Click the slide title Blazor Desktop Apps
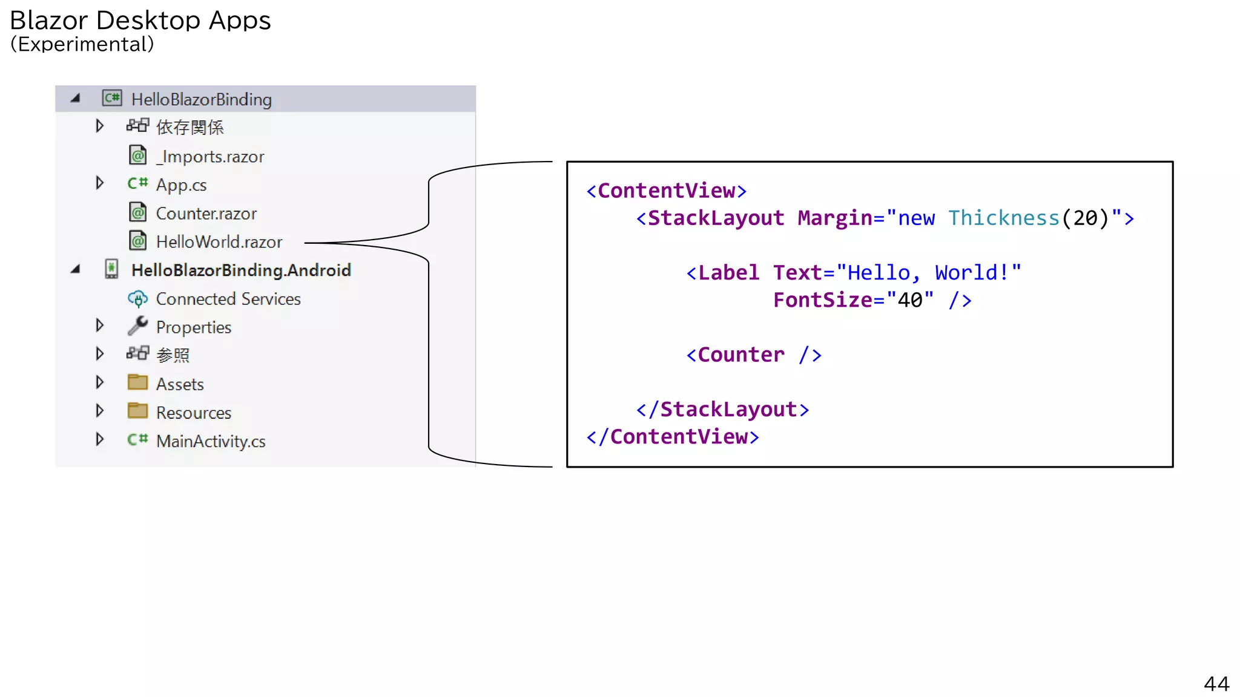[x=140, y=21]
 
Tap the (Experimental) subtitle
[x=82, y=44]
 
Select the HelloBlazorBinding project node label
[x=201, y=99]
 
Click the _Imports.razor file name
[x=210, y=157]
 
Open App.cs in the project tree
[x=181, y=185]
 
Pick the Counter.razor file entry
[x=206, y=214]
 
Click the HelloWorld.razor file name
[x=219, y=242]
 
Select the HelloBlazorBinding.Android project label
[x=241, y=270]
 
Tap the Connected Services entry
[x=228, y=299]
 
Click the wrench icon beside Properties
[x=137, y=326]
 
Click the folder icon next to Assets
[x=137, y=382]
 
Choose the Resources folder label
[x=193, y=413]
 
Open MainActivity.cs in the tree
[x=210, y=441]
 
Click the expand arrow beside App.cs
[x=100, y=183]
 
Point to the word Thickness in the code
[x=1003, y=218]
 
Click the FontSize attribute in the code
[x=822, y=300]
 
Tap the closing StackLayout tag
[x=722, y=410]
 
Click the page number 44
[x=1216, y=684]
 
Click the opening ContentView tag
[x=666, y=191]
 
